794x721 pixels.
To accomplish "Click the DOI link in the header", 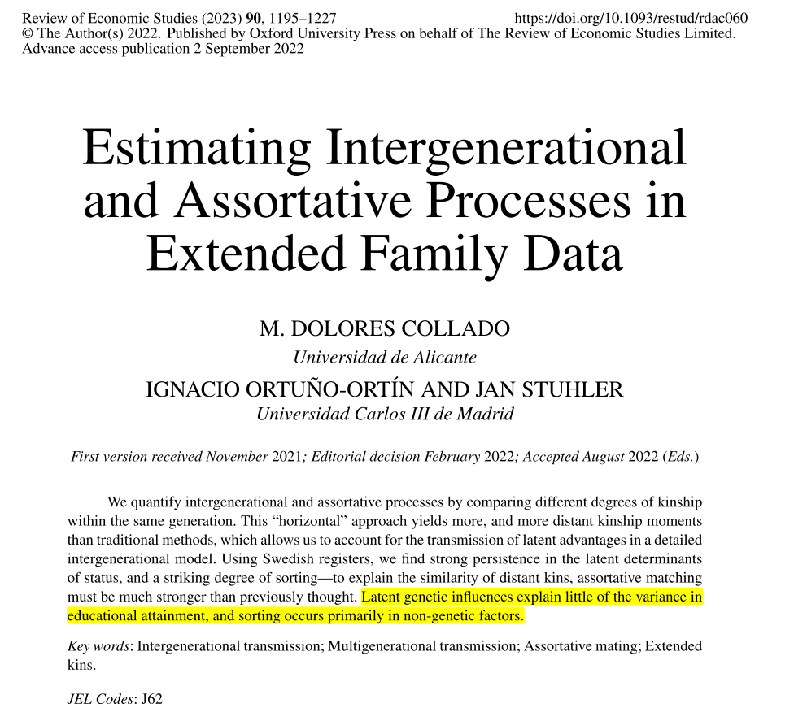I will click(632, 18).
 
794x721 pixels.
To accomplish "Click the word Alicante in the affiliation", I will click(443, 358).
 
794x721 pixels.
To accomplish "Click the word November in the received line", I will click(237, 457).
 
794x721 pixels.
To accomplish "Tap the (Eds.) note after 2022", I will click(682, 457).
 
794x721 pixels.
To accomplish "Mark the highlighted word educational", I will click(107, 616).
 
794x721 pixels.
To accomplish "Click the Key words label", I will click(99, 647).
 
